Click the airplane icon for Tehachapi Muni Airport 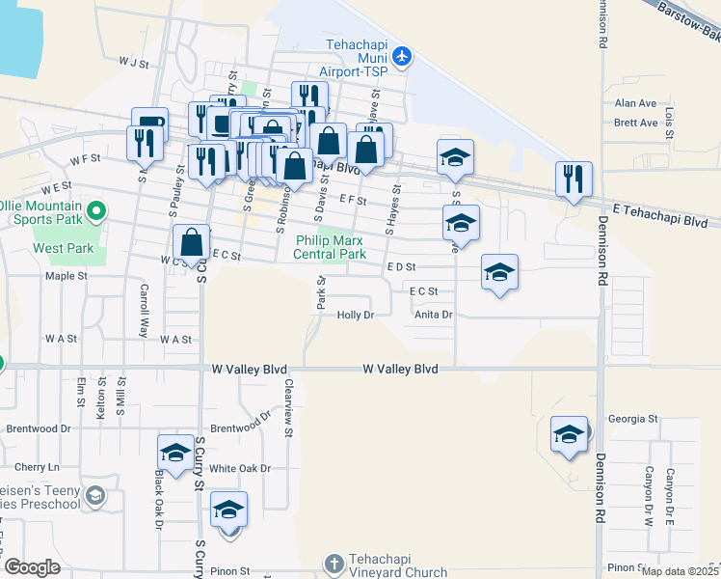coord(402,57)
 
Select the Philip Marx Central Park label coord(332,247)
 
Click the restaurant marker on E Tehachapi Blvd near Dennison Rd coord(573,179)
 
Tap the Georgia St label coord(632,420)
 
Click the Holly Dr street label coord(354,316)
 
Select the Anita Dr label coord(433,315)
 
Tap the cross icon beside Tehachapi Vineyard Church coord(334,564)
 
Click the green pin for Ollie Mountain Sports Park coord(95,209)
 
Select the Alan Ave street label coord(635,103)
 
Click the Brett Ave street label coord(635,123)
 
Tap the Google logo coord(32,567)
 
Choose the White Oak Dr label coord(240,468)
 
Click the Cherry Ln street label coord(37,467)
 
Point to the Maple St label coord(67,275)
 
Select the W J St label coord(135,63)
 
